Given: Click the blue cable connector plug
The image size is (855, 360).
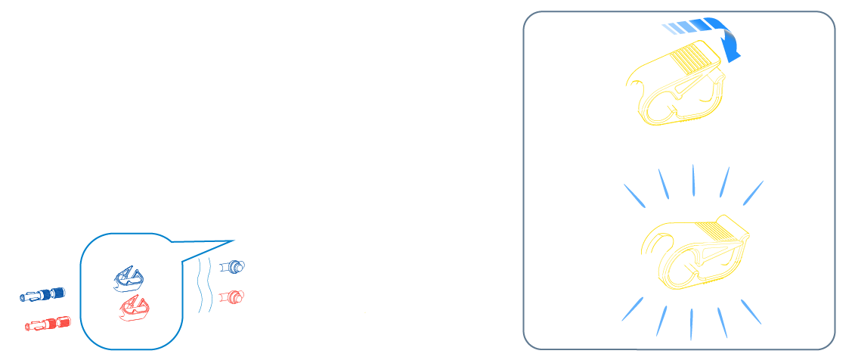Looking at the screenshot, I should click(42, 294).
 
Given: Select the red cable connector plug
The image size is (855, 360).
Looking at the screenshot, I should click(48, 324).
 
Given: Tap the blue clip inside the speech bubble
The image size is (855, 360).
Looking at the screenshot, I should click(128, 278).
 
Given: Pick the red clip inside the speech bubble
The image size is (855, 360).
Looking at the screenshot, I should click(135, 308).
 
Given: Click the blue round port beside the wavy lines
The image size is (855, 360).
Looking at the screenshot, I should click(234, 266).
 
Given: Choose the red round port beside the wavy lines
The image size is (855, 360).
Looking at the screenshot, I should click(233, 296).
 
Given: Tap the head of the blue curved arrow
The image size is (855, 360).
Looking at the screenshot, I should click(732, 51).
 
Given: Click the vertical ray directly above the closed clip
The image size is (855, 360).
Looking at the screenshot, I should click(693, 179).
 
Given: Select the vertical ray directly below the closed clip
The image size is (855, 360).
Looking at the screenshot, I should click(691, 324).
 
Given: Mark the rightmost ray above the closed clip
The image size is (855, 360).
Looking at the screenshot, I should click(752, 192).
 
